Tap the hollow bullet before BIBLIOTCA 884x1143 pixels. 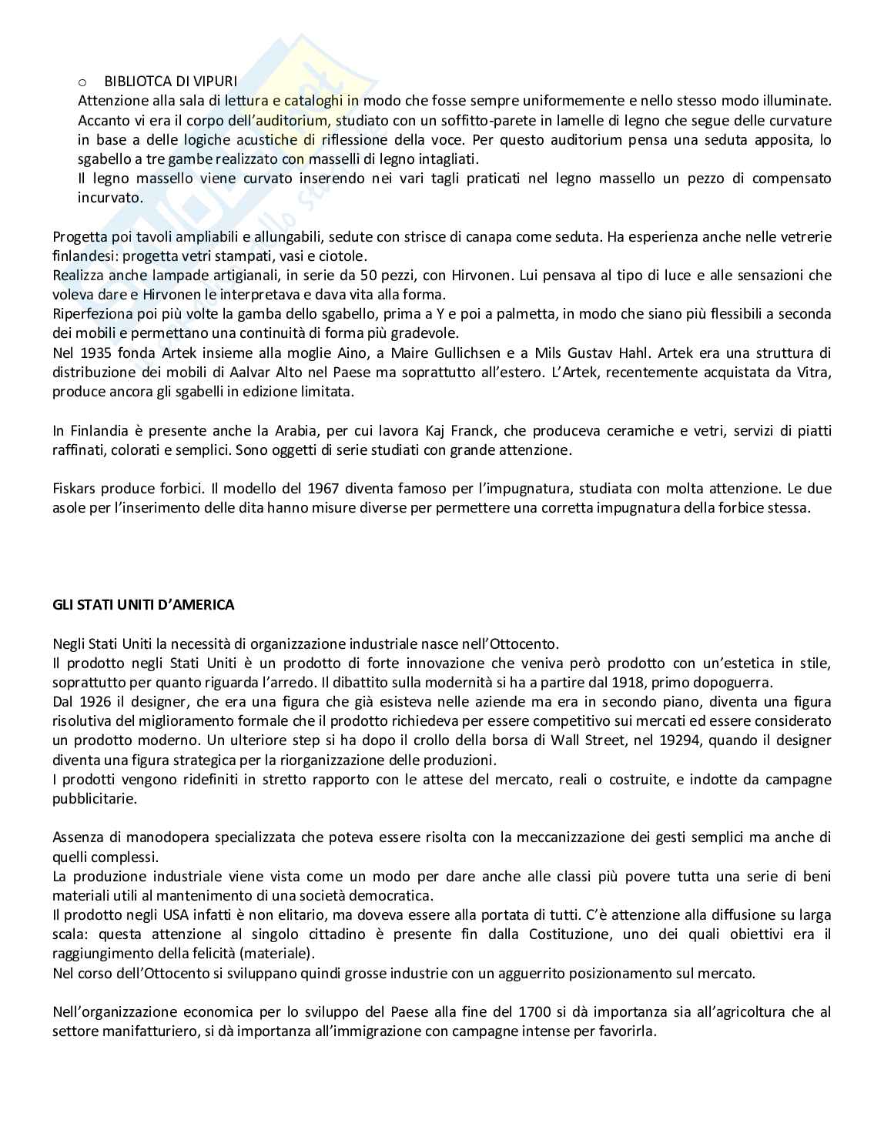[82, 82]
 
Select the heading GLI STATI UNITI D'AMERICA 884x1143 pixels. [143, 605]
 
